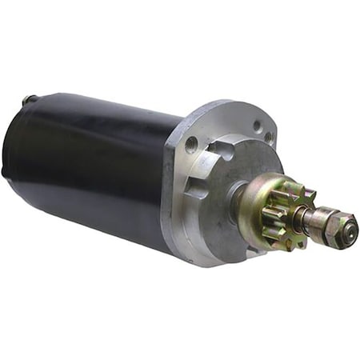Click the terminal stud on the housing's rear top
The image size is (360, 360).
point(30,99)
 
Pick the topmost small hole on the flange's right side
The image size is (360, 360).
point(258,126)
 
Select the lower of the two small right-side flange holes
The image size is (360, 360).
point(270,138)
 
